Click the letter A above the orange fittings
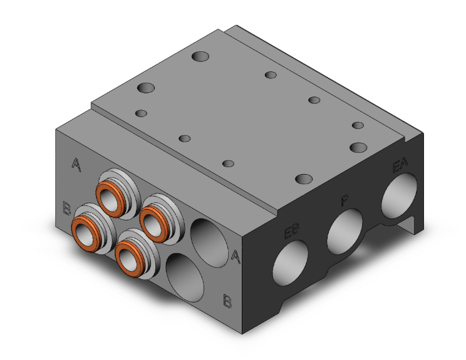[76, 165]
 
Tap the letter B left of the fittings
[66, 208]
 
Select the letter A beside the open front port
[236, 255]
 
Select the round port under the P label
[345, 230]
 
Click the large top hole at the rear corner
[200, 57]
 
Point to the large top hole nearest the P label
[304, 178]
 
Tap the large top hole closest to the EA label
[358, 147]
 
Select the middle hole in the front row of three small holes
[184, 138]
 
